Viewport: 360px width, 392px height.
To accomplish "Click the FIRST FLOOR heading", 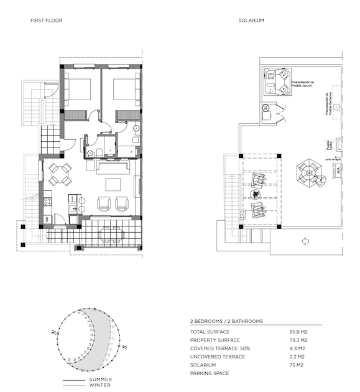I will point(46,21).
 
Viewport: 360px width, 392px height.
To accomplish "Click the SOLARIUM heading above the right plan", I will point(251,21).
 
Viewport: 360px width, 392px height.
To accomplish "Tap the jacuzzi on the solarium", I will point(277,82).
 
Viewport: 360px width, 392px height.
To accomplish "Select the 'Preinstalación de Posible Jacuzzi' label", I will point(307,83).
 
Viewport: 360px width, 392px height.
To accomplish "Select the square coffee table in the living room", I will point(113,184).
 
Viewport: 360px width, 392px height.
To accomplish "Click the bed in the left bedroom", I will point(77,90).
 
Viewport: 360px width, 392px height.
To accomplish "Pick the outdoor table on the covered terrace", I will point(112,233).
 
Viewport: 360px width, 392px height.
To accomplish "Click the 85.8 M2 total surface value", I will point(298,332).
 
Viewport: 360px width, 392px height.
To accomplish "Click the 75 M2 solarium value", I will point(295,365).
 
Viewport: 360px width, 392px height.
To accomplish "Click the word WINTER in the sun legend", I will point(99,385).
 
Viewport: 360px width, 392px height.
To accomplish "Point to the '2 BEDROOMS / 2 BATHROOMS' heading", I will point(226,321).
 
